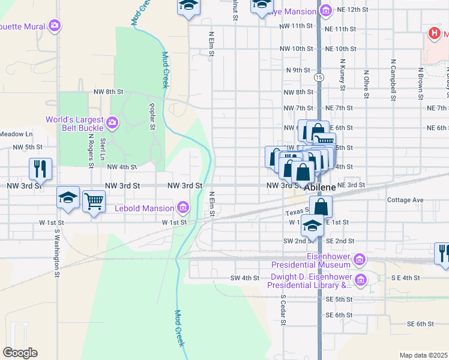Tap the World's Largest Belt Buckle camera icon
[x=112, y=124]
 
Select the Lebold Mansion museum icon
[x=182, y=208]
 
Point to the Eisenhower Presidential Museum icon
[x=359, y=259]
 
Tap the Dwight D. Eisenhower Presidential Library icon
[x=360, y=280]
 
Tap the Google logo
[x=20, y=353]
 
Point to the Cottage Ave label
[x=406, y=200]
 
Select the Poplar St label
[x=152, y=115]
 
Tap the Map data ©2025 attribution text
[x=423, y=355]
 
